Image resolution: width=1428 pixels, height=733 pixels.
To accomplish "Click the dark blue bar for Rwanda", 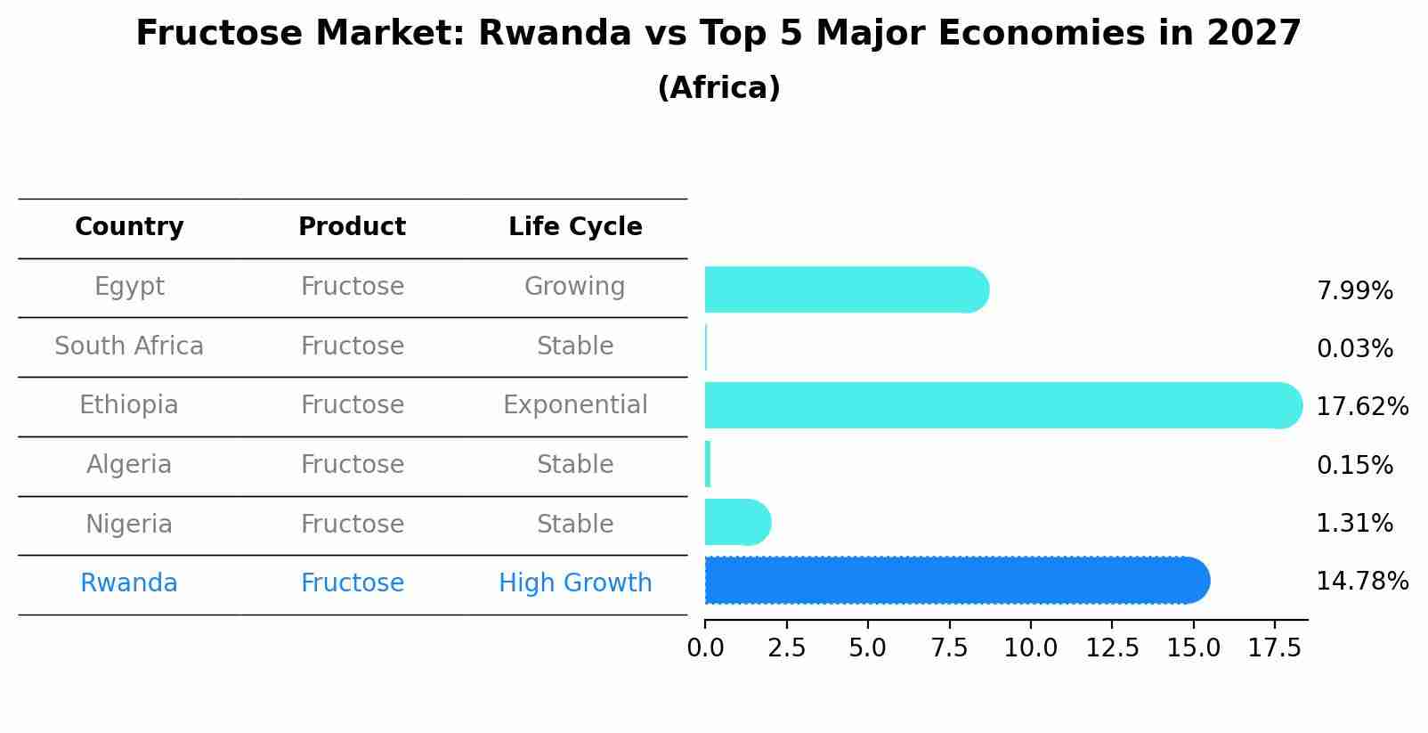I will pyautogui.click(x=957, y=581).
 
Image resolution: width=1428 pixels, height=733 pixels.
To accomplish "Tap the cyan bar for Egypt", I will pyautogui.click(x=846, y=289).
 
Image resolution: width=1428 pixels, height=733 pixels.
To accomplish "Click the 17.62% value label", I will pyautogui.click(x=1361, y=407).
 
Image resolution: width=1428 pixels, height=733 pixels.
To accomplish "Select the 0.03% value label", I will pyautogui.click(x=1354, y=349).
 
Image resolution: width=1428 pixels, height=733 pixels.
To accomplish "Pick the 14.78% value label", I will pyautogui.click(x=1361, y=582).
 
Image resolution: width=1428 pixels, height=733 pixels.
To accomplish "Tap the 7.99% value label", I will pyautogui.click(x=1354, y=291).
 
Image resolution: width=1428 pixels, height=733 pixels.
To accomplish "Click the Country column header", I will pyautogui.click(x=129, y=227).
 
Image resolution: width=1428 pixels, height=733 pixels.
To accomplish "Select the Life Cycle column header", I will pyautogui.click(x=575, y=227).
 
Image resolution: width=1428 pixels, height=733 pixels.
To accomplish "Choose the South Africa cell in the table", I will pyautogui.click(x=129, y=346).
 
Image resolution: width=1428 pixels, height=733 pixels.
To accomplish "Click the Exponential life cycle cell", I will pyautogui.click(x=575, y=405).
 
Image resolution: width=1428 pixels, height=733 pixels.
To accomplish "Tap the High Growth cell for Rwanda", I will pyautogui.click(x=575, y=583).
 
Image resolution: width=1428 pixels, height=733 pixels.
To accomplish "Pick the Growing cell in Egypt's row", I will pyautogui.click(x=575, y=287).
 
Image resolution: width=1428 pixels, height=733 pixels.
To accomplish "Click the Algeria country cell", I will pyautogui.click(x=129, y=465).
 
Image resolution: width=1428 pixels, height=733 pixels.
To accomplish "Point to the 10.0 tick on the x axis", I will pyautogui.click(x=1030, y=648).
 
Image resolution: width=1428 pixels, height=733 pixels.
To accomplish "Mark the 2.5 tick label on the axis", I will pyautogui.click(x=786, y=648).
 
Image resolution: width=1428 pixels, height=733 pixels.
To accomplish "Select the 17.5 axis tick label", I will pyautogui.click(x=1275, y=648).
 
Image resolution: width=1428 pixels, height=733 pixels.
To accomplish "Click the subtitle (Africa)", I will pyautogui.click(x=718, y=88).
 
